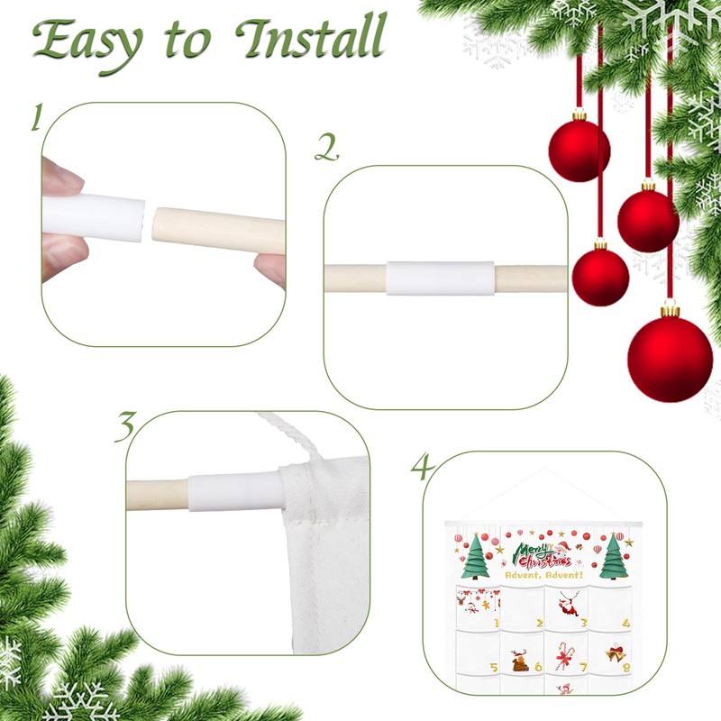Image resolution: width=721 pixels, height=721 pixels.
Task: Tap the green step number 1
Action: point(37,116)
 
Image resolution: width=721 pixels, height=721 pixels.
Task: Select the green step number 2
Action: point(325,147)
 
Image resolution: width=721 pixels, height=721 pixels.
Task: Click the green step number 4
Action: point(422,468)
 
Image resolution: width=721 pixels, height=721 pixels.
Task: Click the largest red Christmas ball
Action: point(670,355)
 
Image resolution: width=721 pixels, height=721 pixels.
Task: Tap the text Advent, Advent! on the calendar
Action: point(543,573)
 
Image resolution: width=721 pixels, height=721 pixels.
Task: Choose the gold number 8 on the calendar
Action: point(625,668)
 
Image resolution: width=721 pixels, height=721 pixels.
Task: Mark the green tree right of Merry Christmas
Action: point(613,556)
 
